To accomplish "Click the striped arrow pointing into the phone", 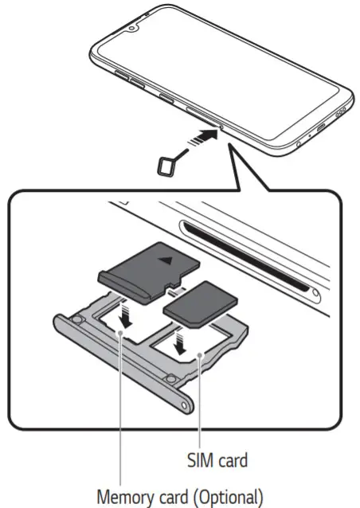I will point(200,142).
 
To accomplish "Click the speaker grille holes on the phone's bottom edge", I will point(340,112).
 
